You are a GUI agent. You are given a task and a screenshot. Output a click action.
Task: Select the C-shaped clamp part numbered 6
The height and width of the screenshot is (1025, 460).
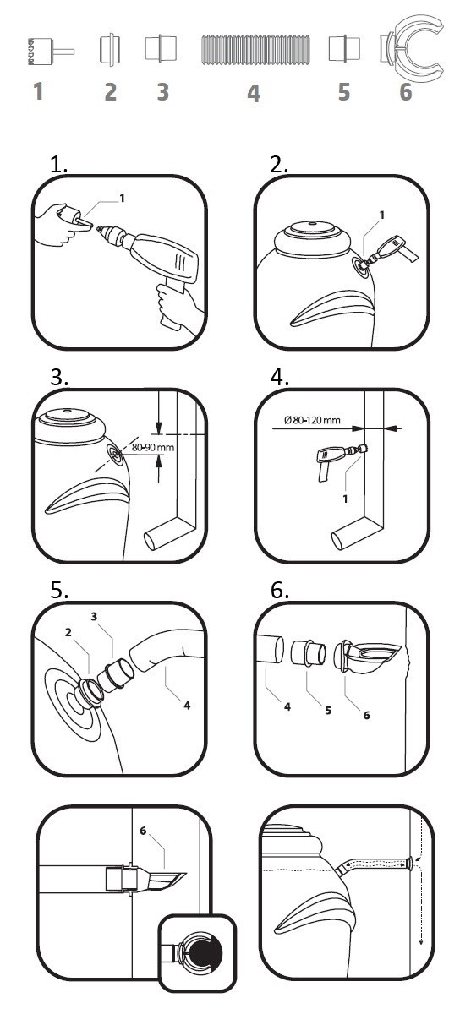point(412,48)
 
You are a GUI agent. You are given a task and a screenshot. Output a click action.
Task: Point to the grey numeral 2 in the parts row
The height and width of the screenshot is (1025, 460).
point(110,92)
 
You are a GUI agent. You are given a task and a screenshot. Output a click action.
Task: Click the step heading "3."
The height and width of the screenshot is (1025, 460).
point(59,378)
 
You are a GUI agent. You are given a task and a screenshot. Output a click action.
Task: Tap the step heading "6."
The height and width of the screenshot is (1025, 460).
point(280,591)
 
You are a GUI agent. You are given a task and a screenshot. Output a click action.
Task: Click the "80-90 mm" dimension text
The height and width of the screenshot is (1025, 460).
point(153,447)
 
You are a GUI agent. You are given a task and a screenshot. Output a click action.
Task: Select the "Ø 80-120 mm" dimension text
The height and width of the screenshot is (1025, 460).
point(312,420)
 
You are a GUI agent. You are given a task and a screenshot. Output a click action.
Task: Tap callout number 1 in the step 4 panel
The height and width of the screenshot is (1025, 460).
point(345,499)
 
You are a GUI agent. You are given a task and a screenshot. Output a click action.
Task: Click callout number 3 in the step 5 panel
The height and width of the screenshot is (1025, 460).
point(94,617)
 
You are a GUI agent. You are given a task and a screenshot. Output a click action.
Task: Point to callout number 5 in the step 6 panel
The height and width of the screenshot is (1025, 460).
point(328,711)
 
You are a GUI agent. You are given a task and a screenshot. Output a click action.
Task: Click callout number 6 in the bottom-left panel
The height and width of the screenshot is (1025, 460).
point(143,831)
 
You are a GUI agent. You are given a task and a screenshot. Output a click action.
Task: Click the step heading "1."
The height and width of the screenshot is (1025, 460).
point(59,165)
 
